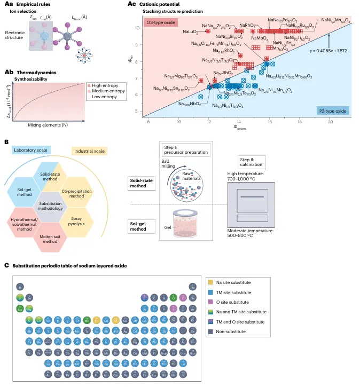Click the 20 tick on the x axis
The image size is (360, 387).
point(330,122)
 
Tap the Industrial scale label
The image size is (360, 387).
point(88,153)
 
